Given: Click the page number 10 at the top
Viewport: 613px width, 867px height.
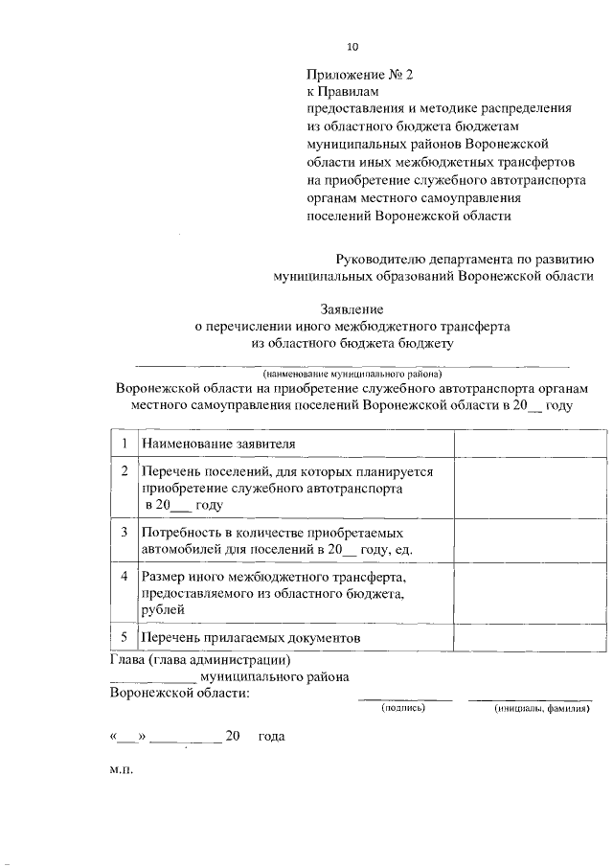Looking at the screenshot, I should point(352,46).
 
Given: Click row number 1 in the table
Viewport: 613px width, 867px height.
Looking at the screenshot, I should point(125,444).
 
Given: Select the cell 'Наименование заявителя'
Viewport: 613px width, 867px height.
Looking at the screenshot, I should point(217,445).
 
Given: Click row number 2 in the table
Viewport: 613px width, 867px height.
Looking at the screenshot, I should point(125,471).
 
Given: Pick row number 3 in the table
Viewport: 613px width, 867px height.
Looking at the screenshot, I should point(125,531).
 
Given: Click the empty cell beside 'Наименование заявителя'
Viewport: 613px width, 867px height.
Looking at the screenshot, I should point(523,445).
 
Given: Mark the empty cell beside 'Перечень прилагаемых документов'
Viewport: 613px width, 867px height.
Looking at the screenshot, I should point(523,638).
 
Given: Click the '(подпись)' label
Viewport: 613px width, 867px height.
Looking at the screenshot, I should point(403,708).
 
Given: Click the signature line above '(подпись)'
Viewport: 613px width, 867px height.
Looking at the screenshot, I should point(404,700).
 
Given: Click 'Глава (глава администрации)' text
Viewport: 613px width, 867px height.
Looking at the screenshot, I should point(200,660).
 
